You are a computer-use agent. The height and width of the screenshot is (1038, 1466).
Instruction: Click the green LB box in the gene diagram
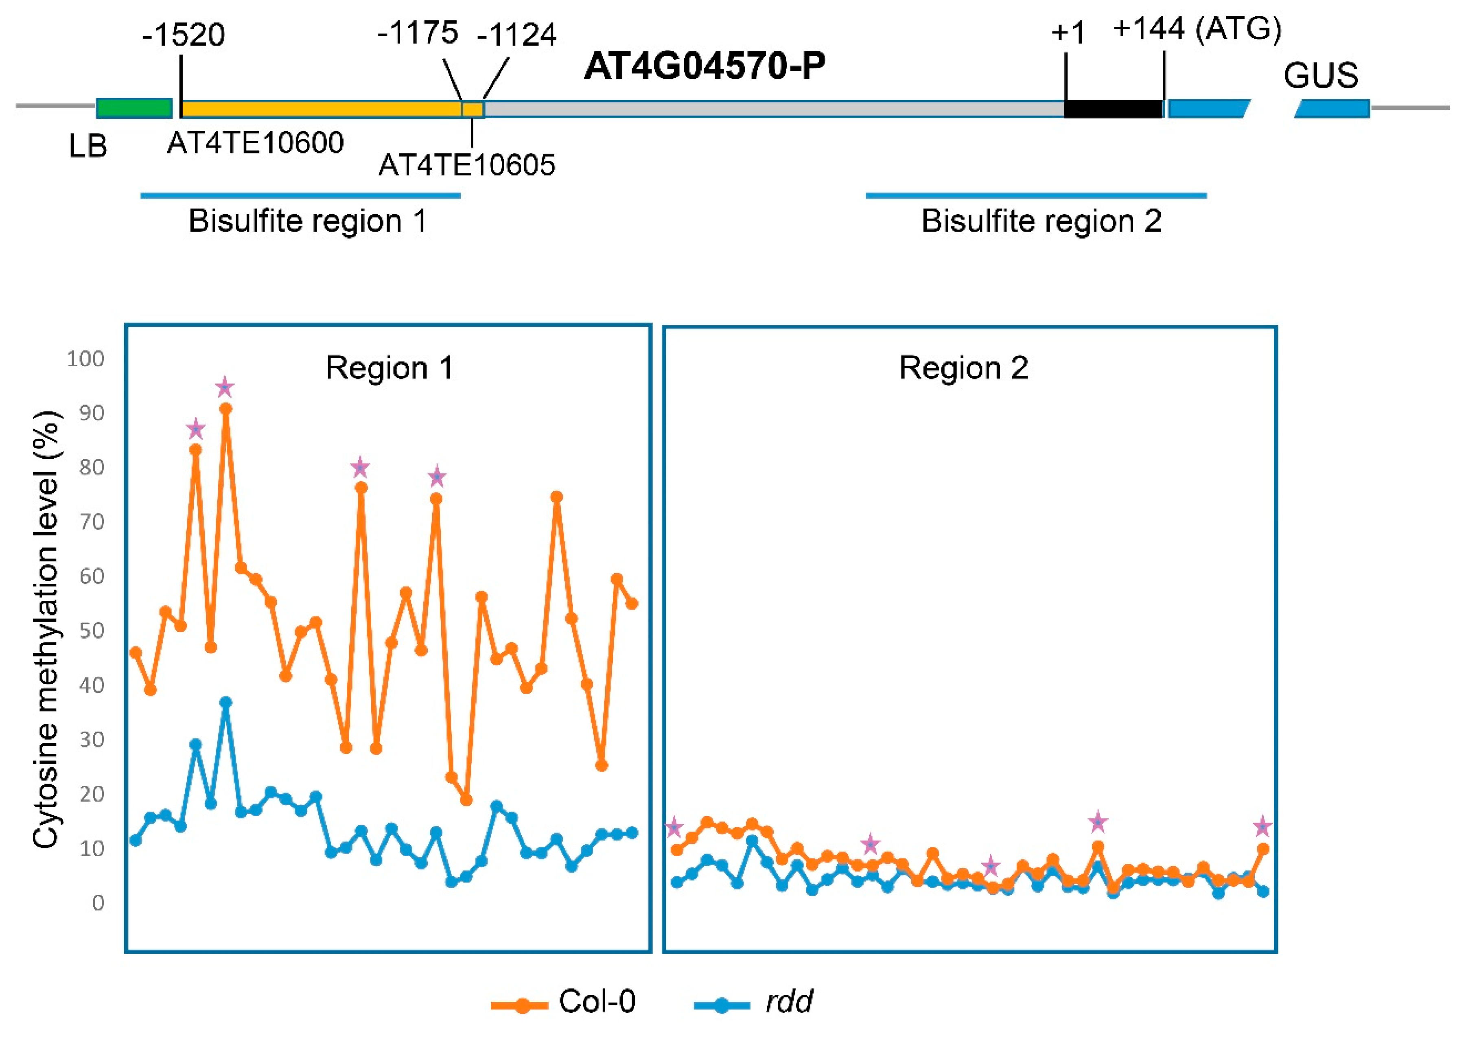tap(134, 108)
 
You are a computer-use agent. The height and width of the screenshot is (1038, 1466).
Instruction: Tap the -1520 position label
tap(184, 35)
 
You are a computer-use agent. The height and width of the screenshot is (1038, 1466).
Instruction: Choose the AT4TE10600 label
tap(256, 142)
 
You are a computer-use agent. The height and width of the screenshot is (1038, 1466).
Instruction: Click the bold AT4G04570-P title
tap(705, 66)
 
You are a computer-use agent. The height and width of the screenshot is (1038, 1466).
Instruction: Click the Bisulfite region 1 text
tap(307, 221)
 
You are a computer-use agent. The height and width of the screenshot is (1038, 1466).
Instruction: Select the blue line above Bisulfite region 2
tap(1036, 195)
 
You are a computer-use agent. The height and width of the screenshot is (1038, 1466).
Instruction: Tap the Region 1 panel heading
tap(389, 368)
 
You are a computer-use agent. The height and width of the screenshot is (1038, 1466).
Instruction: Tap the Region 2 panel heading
tap(964, 368)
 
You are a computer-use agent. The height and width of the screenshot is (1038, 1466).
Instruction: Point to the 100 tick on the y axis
tap(85, 359)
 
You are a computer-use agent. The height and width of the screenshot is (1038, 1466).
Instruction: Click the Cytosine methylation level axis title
tap(46, 630)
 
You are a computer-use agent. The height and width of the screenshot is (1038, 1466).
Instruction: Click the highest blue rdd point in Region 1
tap(225, 703)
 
